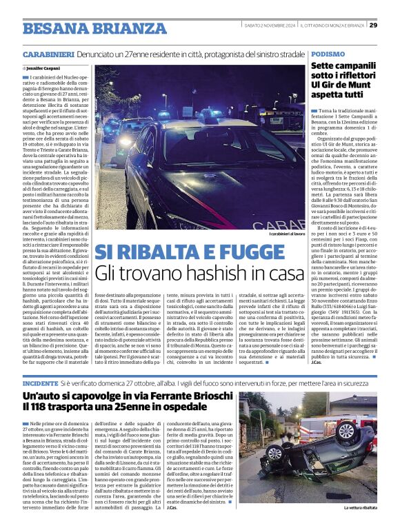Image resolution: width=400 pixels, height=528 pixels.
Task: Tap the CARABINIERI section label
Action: pyautogui.click(x=49, y=54)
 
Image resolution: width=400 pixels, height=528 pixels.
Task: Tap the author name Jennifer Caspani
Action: pyautogui.click(x=46, y=69)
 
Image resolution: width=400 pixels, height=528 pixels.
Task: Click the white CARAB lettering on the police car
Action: pyautogui.click(x=283, y=224)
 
